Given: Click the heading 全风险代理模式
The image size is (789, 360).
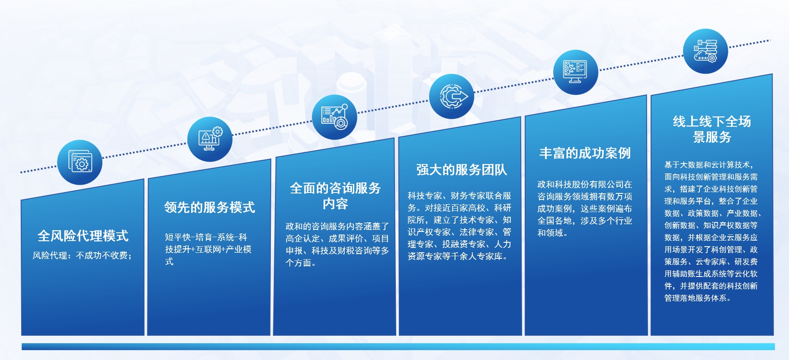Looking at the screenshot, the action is coord(83,236).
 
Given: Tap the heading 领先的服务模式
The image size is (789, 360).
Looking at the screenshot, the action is coord(209,207).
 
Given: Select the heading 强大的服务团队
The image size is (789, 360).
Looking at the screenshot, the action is coord(462,170).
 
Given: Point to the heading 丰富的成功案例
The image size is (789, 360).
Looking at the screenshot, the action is coord(585,153).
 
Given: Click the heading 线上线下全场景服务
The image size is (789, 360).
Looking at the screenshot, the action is coord(712,129).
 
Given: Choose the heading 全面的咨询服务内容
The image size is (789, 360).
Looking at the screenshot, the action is coord(335,196).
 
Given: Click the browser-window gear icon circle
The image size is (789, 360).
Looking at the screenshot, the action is coord(80,162).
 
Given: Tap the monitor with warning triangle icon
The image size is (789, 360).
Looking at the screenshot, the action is coord(210,139).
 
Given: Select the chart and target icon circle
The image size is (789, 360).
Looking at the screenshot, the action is coord(334,117).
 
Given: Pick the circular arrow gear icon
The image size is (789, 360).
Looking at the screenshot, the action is coord(452,96).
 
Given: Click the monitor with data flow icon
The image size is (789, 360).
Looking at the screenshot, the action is coord(576,72).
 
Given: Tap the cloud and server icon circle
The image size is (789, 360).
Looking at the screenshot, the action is coord(706,51).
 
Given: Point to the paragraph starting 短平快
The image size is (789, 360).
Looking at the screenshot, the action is coord(208,249).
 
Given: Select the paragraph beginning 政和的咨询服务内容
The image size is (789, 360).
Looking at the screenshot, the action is coord(337,244).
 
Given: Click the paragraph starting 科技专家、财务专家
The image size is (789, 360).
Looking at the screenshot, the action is coord(459,226).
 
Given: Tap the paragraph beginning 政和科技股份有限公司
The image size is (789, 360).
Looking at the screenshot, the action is coord(585,209).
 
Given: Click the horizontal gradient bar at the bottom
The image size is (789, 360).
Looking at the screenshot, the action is coord(398,347).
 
